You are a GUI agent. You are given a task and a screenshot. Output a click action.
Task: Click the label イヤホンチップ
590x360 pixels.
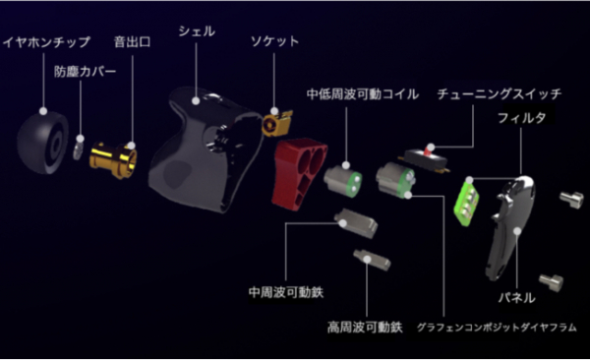point(46,41)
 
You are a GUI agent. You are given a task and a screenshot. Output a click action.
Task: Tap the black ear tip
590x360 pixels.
point(42,143)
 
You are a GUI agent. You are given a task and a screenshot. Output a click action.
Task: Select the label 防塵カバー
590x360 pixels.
point(85,71)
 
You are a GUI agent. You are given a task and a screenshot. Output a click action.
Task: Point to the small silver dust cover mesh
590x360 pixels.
point(78,148)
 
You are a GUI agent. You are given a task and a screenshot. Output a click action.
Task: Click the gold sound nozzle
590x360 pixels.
point(113,159)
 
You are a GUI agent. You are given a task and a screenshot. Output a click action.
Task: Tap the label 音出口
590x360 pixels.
point(132,41)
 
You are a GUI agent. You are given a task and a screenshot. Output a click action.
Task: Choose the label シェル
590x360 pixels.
point(197,31)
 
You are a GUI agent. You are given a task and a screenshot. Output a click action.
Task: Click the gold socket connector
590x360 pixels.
point(276,123)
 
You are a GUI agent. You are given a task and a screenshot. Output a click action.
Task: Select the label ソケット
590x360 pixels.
point(274,41)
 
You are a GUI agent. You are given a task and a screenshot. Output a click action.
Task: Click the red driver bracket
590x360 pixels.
point(297,173)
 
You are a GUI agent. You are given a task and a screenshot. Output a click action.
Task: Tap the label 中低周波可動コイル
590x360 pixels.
point(363,93)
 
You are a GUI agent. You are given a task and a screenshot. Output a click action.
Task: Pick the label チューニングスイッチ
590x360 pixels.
point(499,93)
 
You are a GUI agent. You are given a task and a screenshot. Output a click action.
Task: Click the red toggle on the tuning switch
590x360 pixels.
point(429,150)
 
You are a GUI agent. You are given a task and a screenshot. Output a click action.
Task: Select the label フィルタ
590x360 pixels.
point(521,118)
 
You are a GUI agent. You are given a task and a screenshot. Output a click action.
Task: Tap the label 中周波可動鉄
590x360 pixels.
point(286,292)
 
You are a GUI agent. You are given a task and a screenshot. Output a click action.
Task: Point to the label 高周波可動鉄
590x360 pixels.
point(365,327)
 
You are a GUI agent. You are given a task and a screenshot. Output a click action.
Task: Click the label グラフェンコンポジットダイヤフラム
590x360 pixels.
point(497,328)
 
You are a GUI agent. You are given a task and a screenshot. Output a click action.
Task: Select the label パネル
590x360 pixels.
point(516,297)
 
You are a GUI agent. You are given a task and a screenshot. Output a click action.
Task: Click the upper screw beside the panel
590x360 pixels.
point(571,200)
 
